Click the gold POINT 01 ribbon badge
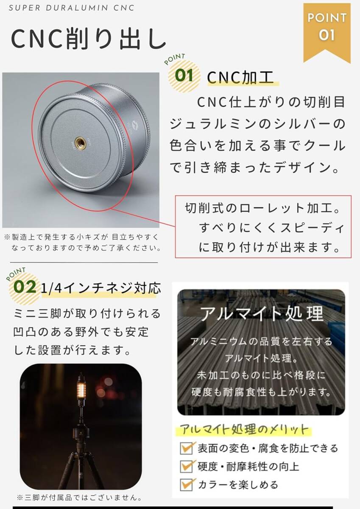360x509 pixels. click(x=327, y=28)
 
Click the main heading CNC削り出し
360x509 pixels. click(x=88, y=39)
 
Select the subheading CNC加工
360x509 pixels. click(x=240, y=78)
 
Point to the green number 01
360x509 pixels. click(x=184, y=76)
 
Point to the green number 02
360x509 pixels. click(x=25, y=287)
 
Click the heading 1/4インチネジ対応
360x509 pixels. click(x=101, y=288)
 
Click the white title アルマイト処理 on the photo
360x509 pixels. click(x=262, y=314)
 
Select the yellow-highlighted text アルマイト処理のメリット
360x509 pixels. click(x=245, y=429)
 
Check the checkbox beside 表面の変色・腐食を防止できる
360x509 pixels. click(x=187, y=448)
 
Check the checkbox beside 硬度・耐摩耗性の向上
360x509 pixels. click(x=187, y=466)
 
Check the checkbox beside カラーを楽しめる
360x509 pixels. click(x=187, y=484)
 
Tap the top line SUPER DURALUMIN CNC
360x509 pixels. click(x=71, y=8)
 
